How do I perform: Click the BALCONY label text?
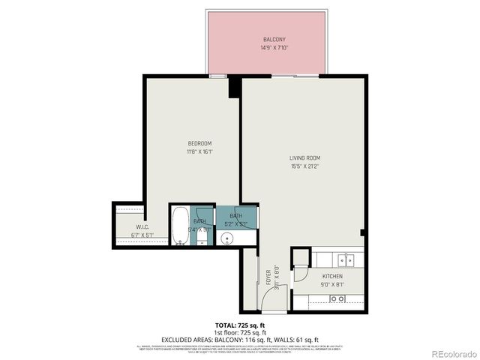pos(273,39)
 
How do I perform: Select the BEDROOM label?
pos(199,143)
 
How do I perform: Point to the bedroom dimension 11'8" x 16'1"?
pos(199,151)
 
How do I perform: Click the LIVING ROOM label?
pos(305,157)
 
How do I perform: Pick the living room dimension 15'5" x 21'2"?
pos(305,166)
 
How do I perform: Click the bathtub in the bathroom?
pos(179,226)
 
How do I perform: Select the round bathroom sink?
pos(228,238)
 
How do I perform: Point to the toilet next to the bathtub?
pos(202,236)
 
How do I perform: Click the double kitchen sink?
pos(346,261)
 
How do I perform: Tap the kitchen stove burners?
pos(337,298)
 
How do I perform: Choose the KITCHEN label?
pos(332,277)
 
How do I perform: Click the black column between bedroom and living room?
pos(234,87)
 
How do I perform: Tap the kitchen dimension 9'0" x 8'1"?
pos(332,285)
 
